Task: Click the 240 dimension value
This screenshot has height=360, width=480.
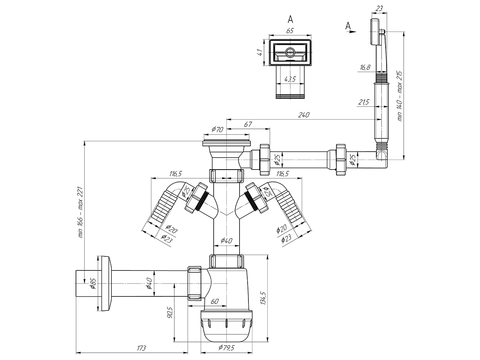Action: point(304,114)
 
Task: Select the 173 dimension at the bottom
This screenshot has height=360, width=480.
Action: point(141,348)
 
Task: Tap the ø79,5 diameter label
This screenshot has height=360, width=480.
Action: point(226,348)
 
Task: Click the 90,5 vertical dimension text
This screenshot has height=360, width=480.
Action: point(170,312)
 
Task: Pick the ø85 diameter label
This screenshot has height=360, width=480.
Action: point(93,284)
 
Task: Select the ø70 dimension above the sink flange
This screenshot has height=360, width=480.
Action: point(217,129)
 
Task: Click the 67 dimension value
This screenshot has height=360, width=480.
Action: point(248,124)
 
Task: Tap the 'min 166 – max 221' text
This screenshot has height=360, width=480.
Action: point(80,212)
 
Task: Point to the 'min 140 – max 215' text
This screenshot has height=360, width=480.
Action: point(400,96)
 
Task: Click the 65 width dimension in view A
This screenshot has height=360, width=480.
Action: point(290,31)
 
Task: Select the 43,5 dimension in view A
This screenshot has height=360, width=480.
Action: point(290,79)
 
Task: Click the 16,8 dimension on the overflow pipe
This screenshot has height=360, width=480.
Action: point(365,67)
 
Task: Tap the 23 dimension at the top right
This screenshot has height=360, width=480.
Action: point(379,8)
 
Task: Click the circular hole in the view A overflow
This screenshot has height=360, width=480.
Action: point(290,52)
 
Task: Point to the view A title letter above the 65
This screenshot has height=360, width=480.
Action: point(290,20)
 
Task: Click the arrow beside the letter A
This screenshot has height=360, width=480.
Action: point(351,32)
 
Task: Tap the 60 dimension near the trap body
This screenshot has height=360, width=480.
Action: point(215,301)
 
